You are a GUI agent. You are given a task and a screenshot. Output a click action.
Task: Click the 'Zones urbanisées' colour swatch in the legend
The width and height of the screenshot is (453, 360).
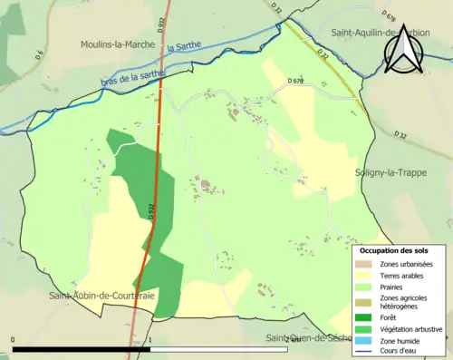(x=367, y=264)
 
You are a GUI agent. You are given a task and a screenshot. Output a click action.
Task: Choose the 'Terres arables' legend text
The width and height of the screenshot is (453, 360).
(x=405, y=277)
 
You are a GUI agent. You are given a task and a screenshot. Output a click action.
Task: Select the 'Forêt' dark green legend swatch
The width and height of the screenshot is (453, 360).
(x=367, y=317)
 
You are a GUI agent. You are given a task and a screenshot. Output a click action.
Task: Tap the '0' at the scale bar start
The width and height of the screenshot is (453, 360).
(x=13, y=340)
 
